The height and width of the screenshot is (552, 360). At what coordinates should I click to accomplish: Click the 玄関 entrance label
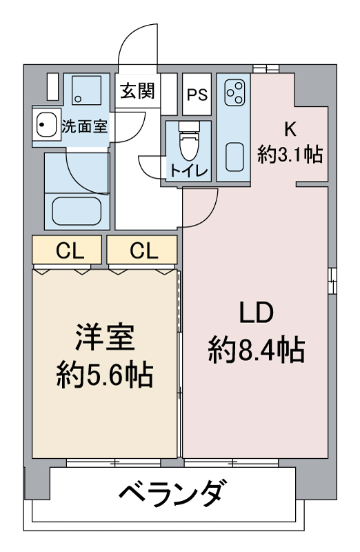point(138,91)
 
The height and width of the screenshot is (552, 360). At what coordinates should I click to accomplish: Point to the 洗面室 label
point(84,126)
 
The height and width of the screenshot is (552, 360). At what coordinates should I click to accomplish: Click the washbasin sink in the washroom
point(47,126)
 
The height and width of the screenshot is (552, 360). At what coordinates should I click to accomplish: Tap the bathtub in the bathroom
point(77,208)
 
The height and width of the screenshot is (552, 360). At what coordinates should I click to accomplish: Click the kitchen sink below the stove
point(234,158)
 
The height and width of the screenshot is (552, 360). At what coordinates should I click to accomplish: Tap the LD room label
point(257,314)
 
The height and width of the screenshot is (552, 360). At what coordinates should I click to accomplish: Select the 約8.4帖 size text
point(257,352)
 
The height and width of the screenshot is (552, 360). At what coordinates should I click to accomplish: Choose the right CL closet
point(143,251)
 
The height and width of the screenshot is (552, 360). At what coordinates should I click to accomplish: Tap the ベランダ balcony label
point(172,494)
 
